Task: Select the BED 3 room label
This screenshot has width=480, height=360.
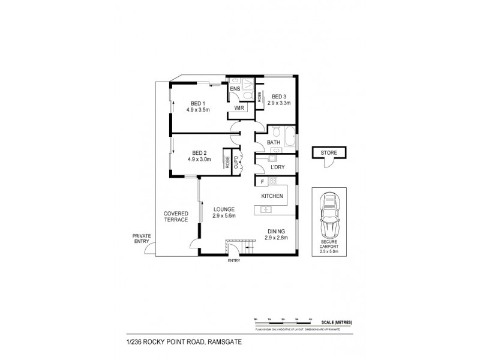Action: pyautogui.click(x=279, y=96)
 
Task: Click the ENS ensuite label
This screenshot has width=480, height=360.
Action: pyautogui.click(x=235, y=89)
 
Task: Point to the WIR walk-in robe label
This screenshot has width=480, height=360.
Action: pyautogui.click(x=238, y=109)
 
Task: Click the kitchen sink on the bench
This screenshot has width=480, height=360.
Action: pyautogui.click(x=266, y=209)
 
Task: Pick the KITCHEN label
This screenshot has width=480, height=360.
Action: pyautogui.click(x=272, y=196)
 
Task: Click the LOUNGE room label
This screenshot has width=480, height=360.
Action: pyautogui.click(x=223, y=209)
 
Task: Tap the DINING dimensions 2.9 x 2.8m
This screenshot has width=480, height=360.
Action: pyautogui.click(x=277, y=238)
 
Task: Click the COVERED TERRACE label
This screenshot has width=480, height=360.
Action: pyautogui.click(x=176, y=216)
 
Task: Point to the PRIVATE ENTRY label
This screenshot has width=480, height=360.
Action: pyautogui.click(x=142, y=239)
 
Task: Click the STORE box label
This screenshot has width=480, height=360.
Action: pyautogui.click(x=328, y=152)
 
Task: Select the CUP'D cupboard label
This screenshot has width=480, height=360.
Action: pyautogui.click(x=236, y=160)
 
